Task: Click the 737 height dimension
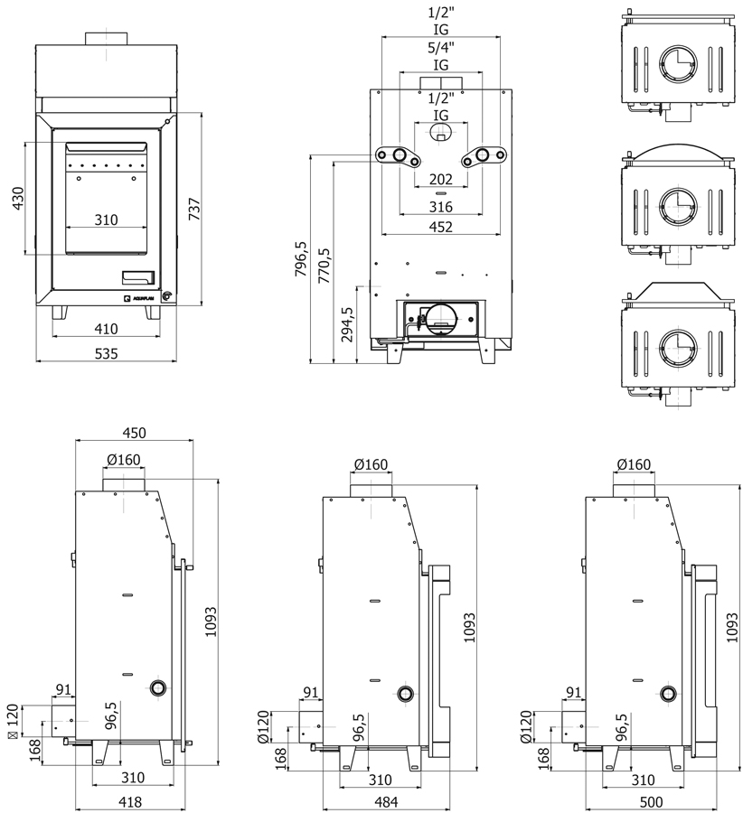coord(194,209)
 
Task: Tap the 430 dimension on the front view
coord(18,199)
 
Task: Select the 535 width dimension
coord(107,353)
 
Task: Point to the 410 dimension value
coord(107,329)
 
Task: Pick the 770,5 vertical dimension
coord(324,266)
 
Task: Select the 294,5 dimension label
coord(347,324)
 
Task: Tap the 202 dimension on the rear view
coord(441,180)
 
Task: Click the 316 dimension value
coord(441,207)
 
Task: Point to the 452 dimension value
coord(441,227)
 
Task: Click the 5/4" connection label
coord(441,48)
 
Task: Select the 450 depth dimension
coord(135,433)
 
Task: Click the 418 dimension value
coord(130,803)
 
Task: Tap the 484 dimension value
coord(386,803)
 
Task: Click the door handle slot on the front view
coord(138,278)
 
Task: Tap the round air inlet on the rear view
coord(441,319)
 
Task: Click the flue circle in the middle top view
coord(678,206)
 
